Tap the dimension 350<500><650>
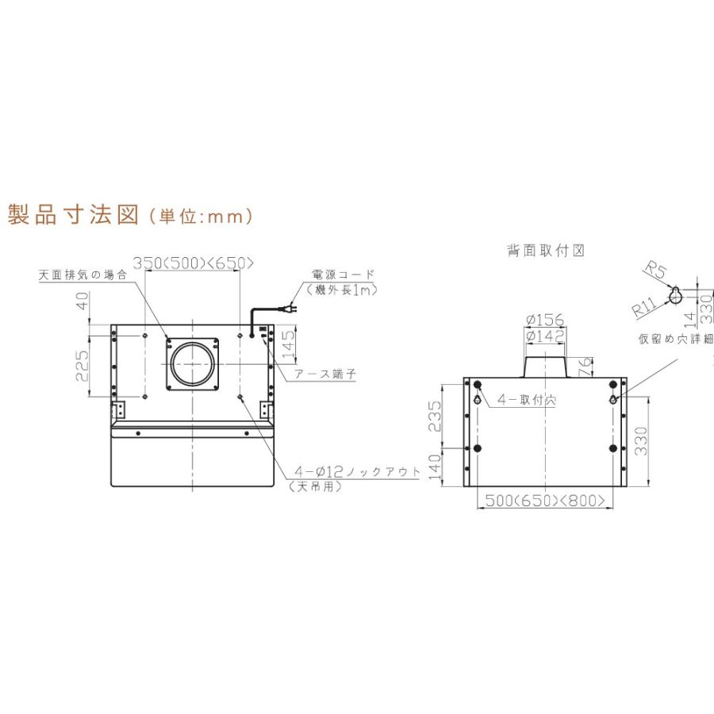pos(193,263)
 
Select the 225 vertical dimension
pos(83,367)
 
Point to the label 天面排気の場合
pos(83,275)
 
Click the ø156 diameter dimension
pos(545,321)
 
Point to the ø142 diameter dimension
pos(545,336)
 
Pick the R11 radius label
pos(644,307)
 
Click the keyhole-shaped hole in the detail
pos(675,294)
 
